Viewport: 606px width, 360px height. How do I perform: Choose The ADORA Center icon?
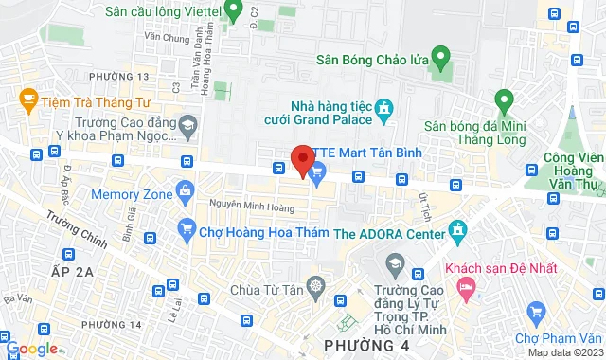[459, 229]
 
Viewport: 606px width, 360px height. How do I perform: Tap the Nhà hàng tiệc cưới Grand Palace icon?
[383, 112]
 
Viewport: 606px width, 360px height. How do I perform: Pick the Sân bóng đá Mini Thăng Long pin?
[504, 99]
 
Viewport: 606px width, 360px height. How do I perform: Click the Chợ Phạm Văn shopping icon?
[537, 312]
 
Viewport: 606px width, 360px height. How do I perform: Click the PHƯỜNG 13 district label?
[118, 75]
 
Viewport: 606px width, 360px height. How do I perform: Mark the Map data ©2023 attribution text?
[564, 352]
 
